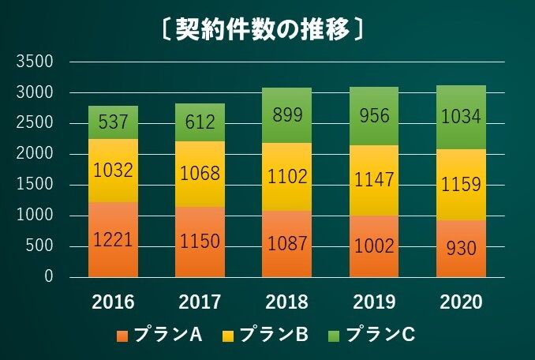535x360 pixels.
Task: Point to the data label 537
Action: click(x=114, y=122)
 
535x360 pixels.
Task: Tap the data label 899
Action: click(x=286, y=115)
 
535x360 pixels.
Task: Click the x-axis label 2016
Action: click(x=114, y=302)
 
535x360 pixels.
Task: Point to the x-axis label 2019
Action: click(x=373, y=302)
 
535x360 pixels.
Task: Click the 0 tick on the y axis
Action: click(x=48, y=277)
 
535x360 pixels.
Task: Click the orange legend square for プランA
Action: click(x=122, y=336)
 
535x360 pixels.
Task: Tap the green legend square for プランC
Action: click(x=335, y=336)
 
